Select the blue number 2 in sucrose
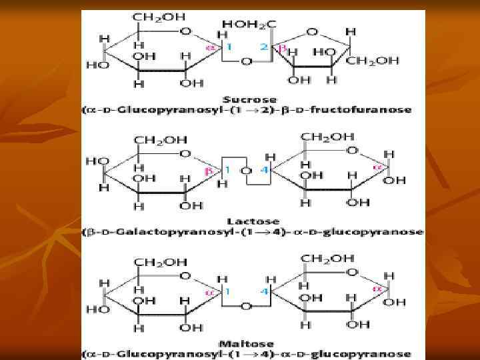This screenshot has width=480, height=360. coord(265,48)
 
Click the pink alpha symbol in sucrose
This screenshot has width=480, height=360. coord(209,48)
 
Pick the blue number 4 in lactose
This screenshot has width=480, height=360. coord(265,170)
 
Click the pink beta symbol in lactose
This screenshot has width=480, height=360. coord(207,171)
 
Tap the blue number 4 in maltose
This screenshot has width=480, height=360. coord(265,291)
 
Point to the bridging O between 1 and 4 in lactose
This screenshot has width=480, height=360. coord(246,170)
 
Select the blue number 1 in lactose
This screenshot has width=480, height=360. coord(227,170)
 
